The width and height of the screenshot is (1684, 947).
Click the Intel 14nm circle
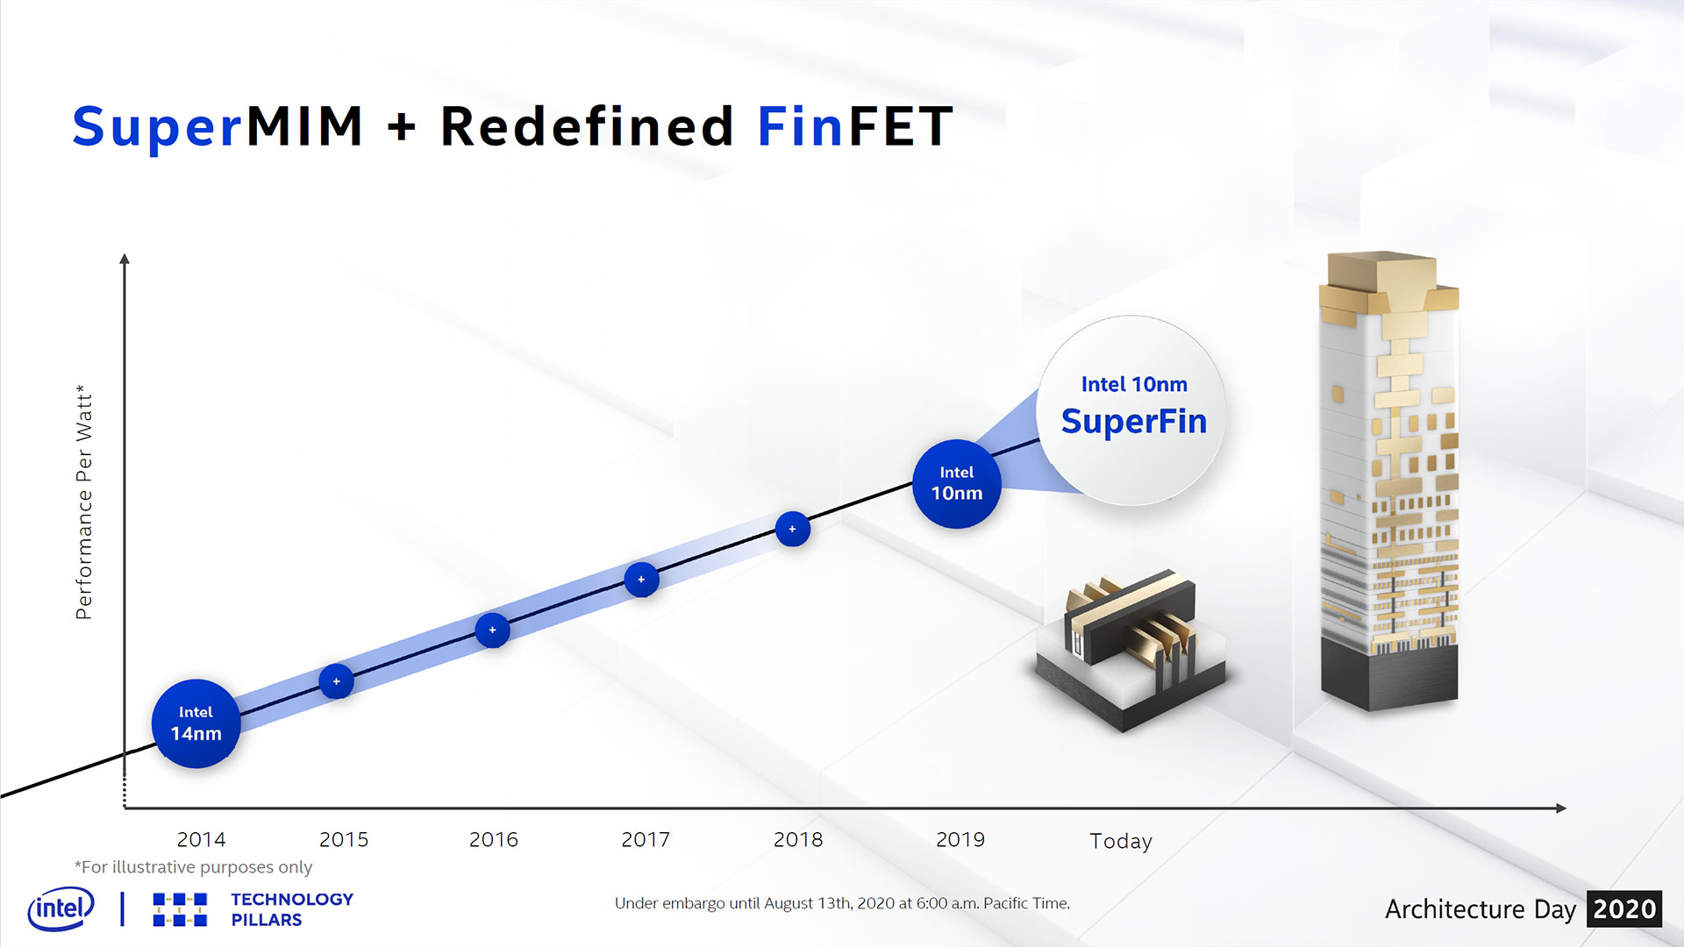pos(196,723)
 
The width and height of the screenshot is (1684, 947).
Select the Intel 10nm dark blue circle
pos(956,483)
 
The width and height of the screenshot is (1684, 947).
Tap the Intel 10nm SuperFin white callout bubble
pos(1133,409)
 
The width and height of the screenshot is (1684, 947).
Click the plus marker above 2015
pos(336,681)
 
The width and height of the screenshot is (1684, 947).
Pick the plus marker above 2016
pos(492,630)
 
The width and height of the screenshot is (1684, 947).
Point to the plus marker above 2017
pos(641,580)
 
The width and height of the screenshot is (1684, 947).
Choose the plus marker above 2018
pos(792,529)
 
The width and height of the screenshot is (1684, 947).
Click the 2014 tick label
pos(201,839)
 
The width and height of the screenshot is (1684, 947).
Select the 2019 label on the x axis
pos(960,839)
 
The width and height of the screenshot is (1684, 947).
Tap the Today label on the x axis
pos(1120,841)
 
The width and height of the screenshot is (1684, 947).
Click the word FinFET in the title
pos(854,126)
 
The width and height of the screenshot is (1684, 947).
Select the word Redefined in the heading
pos(586,126)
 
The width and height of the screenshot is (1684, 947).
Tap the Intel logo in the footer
pos(61,909)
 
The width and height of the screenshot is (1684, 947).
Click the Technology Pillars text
pos(291,909)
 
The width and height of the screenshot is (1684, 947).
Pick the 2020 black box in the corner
pos(1623,909)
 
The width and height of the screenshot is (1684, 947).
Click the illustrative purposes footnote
pos(194,867)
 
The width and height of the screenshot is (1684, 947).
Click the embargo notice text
pos(842,903)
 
